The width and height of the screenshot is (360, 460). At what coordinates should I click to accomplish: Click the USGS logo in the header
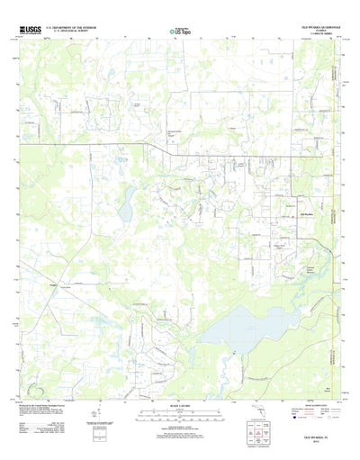[29, 30]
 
